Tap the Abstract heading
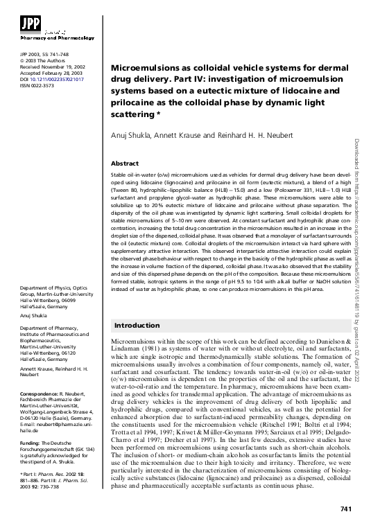[126, 163]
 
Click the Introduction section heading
[137, 325]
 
